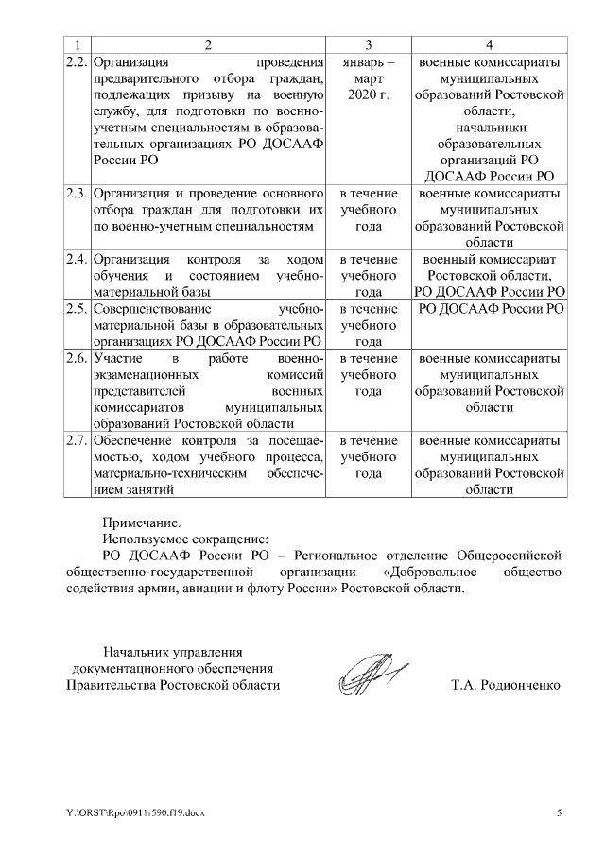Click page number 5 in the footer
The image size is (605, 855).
point(558,812)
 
